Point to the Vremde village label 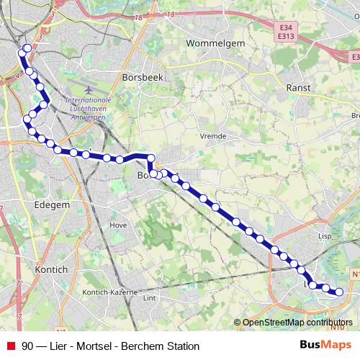[214, 135]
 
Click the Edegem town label [52, 204]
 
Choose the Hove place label [117, 225]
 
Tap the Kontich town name [50, 269]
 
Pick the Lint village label [150, 297]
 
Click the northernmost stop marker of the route [27, 49]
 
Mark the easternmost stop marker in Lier [339, 292]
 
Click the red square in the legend [10, 346]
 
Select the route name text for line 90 [110, 346]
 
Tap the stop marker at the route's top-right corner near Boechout [151, 158]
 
